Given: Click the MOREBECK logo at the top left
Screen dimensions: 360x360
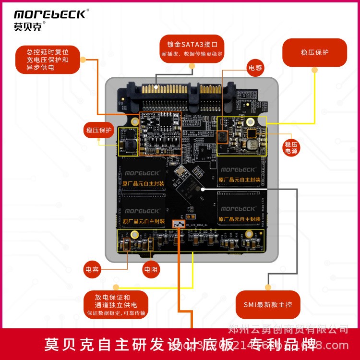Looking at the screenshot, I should [50, 14].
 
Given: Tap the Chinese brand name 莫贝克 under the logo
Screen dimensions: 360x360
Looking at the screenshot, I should [28, 27].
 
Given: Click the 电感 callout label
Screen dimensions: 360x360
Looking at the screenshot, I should [255, 68].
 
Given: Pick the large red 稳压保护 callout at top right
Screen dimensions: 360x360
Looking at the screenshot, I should [314, 52].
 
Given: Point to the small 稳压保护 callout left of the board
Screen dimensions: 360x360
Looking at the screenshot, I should [98, 130].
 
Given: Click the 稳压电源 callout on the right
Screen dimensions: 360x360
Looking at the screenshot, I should [291, 147].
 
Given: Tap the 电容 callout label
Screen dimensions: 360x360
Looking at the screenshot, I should [92, 269].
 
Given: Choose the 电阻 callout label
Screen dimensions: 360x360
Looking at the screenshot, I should [151, 269].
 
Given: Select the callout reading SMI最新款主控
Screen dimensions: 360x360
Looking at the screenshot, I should [268, 304].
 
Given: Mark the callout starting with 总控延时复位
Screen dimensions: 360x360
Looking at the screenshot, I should [47, 60].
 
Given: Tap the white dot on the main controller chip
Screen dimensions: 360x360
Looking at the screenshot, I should [203, 189].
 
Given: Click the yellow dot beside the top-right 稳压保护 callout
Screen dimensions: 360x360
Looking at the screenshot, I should [314, 70].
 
